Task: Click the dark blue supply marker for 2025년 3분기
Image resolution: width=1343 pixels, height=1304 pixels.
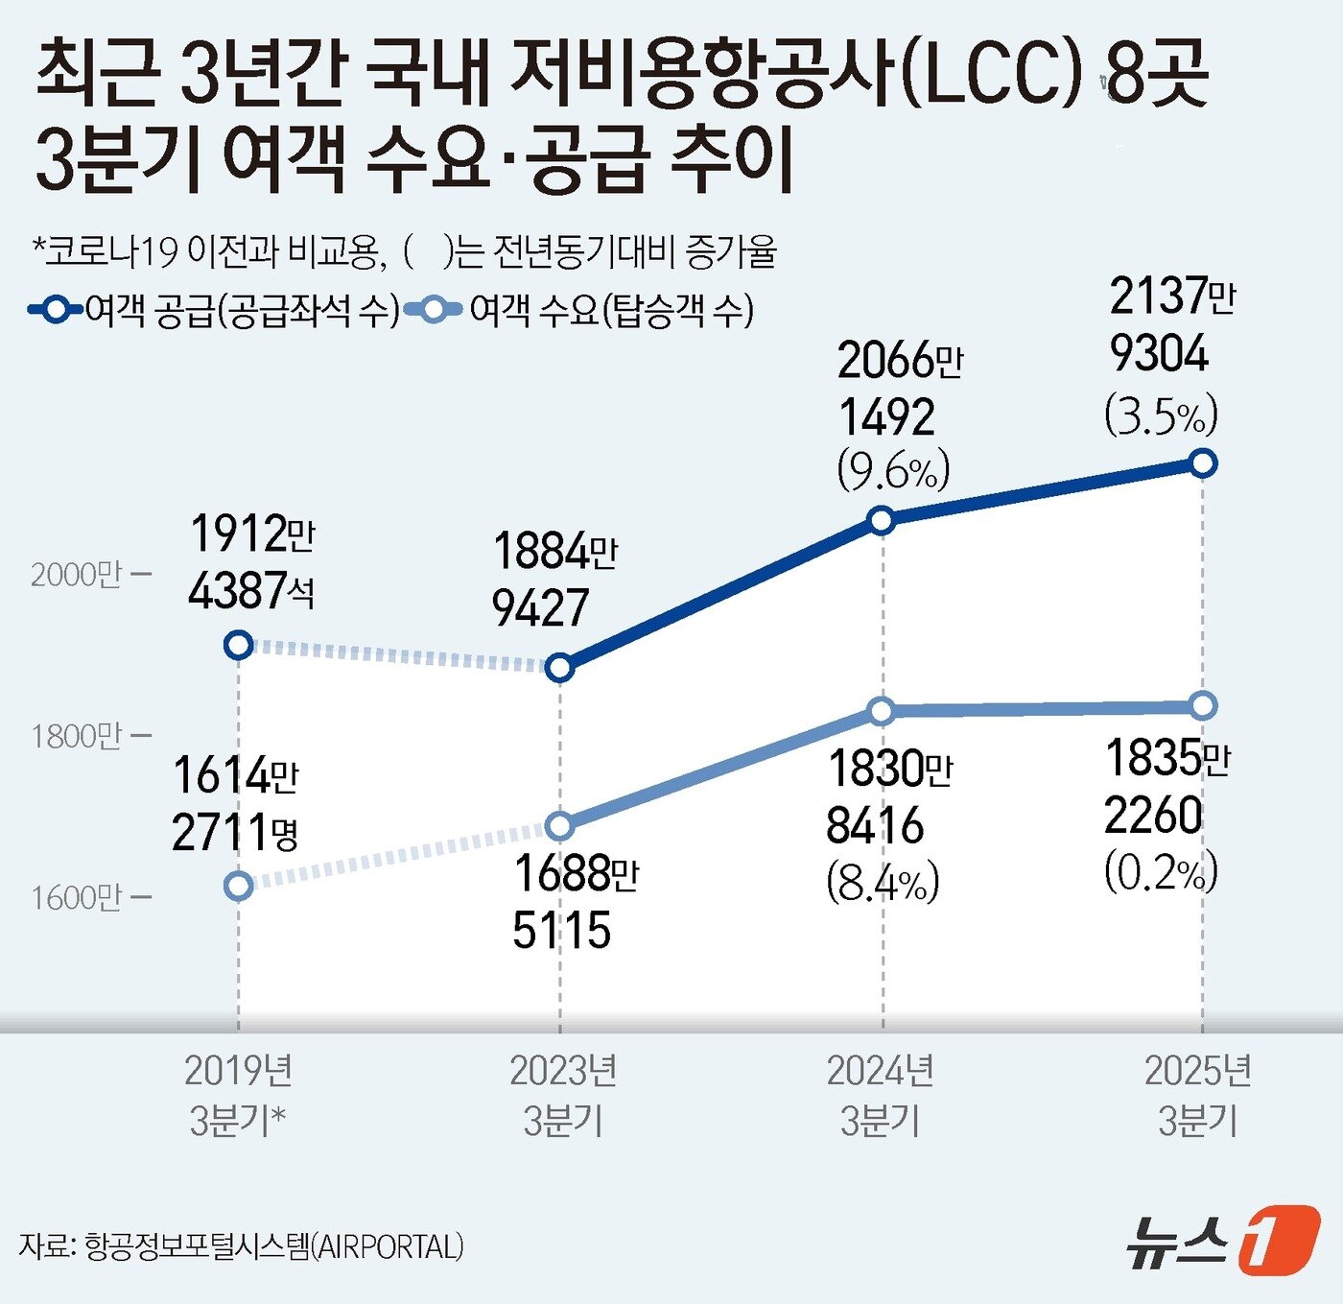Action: pyautogui.click(x=1203, y=463)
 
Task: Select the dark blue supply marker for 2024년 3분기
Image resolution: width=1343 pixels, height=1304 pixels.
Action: pyautogui.click(x=881, y=521)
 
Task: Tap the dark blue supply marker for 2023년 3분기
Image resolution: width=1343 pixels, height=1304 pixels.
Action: pyautogui.click(x=559, y=667)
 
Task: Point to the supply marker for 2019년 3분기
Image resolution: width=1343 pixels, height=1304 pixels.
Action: pyautogui.click(x=238, y=645)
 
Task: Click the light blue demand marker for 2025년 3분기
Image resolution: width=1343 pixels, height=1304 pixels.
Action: pyautogui.click(x=1203, y=706)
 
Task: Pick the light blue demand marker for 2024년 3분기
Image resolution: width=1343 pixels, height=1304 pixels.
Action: pyautogui.click(x=881, y=711)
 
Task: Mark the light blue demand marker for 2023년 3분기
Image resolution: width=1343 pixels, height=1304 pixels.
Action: pyautogui.click(x=559, y=825)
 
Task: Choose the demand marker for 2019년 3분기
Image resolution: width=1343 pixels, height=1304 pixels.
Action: pyautogui.click(x=238, y=886)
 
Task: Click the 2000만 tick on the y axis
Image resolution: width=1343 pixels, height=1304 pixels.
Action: pyautogui.click(x=90, y=575)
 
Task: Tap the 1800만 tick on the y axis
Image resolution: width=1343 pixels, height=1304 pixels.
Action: pyautogui.click(x=90, y=737)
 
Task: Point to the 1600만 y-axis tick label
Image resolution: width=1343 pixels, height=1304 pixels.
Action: pyautogui.click(x=90, y=898)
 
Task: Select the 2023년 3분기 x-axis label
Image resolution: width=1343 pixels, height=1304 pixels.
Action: pyautogui.click(x=562, y=1095)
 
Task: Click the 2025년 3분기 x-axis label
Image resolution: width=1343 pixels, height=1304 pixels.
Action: pyautogui.click(x=1198, y=1095)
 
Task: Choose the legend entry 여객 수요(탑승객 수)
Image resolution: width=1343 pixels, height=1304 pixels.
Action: pyautogui.click(x=580, y=310)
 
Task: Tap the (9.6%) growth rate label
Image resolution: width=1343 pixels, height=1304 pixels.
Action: pyautogui.click(x=893, y=470)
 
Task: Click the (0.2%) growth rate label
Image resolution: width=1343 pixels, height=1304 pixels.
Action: pyautogui.click(x=1161, y=872)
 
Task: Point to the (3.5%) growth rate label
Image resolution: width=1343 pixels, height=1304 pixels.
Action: pyautogui.click(x=1161, y=415)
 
